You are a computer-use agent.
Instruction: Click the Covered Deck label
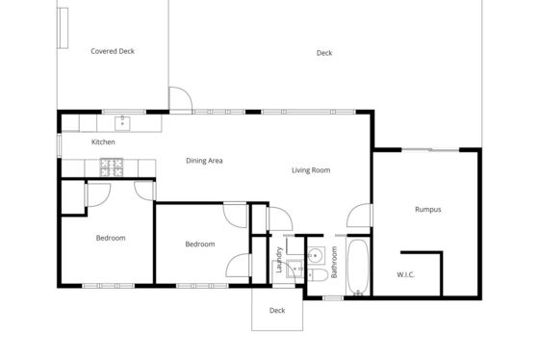(113, 51)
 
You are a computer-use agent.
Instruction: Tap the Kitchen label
(103, 142)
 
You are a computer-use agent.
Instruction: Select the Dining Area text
(204, 161)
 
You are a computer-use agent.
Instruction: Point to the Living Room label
(311, 170)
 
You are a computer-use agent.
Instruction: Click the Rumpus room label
(428, 210)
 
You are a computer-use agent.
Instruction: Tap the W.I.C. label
(405, 274)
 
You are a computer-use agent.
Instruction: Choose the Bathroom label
(334, 262)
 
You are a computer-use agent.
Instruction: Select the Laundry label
(279, 260)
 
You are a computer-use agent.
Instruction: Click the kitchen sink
(122, 123)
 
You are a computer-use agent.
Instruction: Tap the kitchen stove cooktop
(112, 167)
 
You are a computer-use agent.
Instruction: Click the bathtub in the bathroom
(358, 268)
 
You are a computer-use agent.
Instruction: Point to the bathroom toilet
(319, 275)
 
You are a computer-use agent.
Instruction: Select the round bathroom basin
(316, 255)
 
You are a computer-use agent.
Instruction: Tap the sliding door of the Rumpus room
(430, 149)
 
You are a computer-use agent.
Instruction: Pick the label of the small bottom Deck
(277, 311)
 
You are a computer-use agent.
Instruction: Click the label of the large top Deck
(324, 53)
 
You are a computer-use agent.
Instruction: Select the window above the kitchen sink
(124, 112)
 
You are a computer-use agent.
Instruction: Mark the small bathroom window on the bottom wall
(333, 298)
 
